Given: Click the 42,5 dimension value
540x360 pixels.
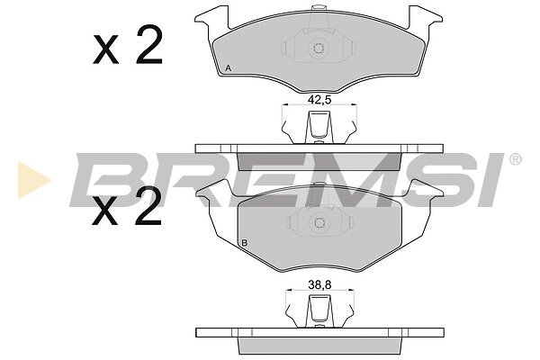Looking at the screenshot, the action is [319, 100].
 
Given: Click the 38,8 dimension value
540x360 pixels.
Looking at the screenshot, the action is [319, 284].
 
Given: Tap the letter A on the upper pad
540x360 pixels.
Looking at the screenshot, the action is [228, 68].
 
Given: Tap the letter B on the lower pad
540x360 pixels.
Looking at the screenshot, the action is [245, 242].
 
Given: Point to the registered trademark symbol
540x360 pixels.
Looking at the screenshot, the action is [515, 159].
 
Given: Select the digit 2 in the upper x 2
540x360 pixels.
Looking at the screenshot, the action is [148, 46].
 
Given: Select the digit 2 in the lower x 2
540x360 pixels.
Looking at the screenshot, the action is [148, 206].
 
